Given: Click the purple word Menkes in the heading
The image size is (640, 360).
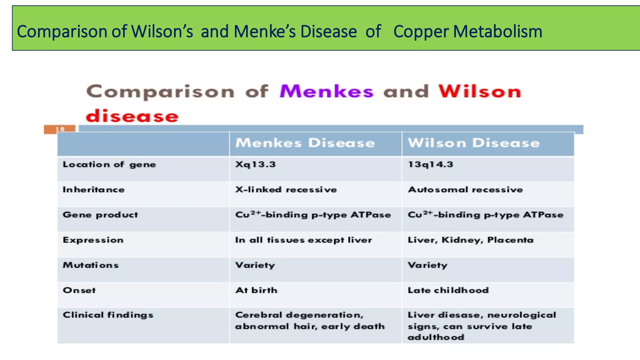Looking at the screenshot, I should point(326,92).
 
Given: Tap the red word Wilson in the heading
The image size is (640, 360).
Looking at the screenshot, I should point(480,92).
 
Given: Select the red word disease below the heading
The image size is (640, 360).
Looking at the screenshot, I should point(132,116).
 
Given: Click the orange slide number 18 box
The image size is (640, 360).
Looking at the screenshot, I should point(60,129).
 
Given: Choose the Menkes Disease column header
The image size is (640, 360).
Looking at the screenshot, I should point(305,143).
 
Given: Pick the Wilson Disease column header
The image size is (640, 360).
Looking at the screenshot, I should point(474,143).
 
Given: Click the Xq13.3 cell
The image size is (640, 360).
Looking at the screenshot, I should point(255,164).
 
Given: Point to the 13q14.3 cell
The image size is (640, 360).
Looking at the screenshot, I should point(430,164).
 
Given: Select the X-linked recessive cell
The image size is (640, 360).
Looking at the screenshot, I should point(286,190).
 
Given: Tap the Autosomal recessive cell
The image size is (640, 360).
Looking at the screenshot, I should point(465,190).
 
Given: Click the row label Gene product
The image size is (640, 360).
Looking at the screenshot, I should point(100,215).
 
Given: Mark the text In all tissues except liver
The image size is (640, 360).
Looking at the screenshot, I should point(303,240).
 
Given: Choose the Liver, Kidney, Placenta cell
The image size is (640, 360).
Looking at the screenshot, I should point(470,240).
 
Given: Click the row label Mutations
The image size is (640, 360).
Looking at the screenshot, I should point(91,265).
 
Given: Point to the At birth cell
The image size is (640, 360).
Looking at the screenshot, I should point(256,290).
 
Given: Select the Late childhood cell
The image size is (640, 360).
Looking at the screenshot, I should point(448,290).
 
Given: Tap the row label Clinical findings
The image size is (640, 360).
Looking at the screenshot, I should point(108,315).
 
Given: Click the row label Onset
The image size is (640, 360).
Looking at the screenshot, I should point(79,290).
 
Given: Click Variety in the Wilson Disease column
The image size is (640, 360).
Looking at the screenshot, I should point(427,265).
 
